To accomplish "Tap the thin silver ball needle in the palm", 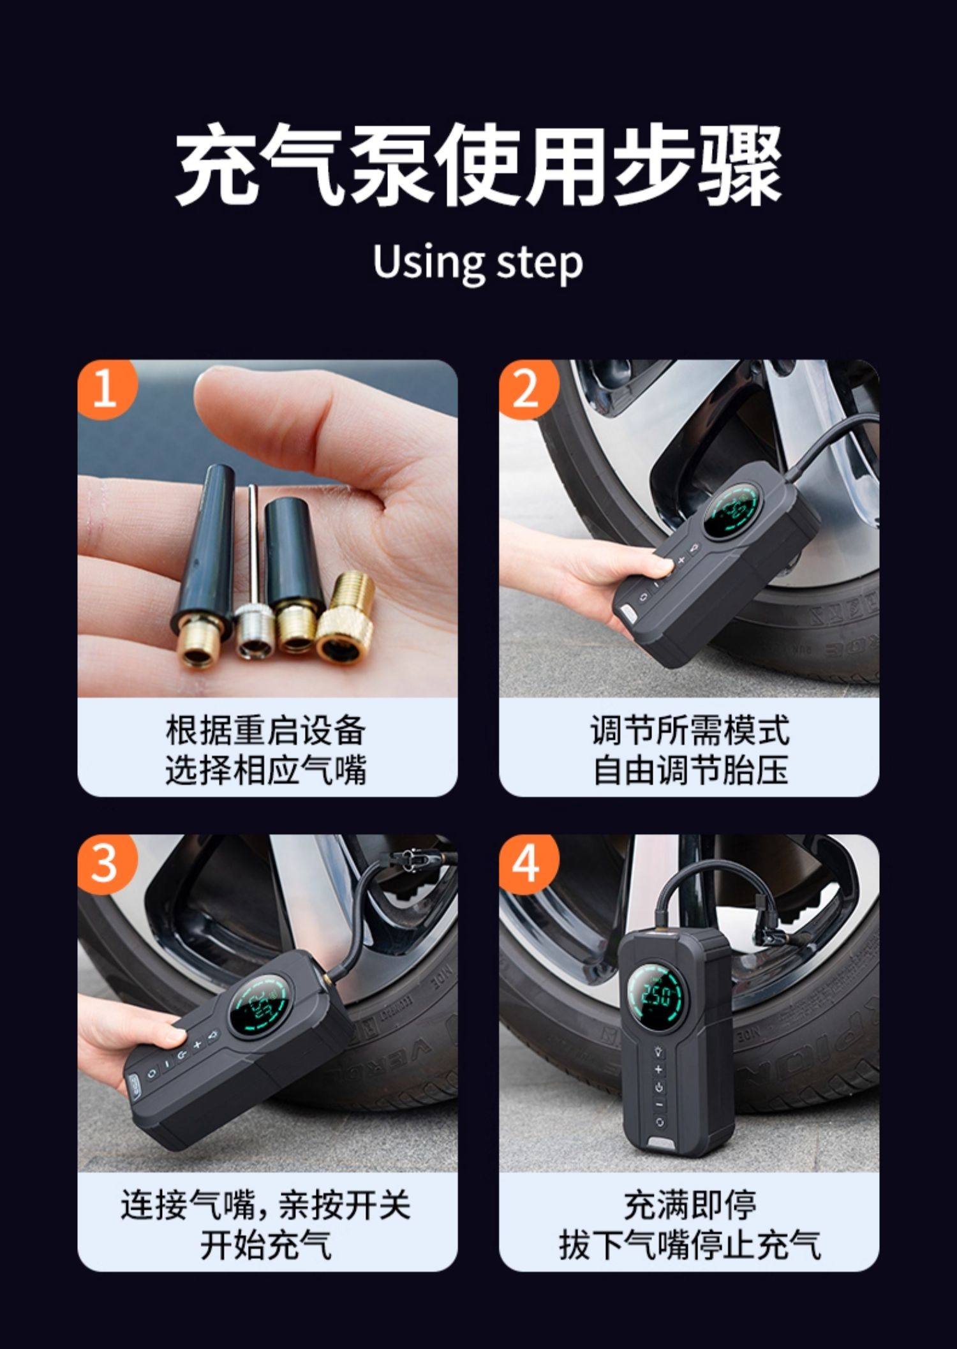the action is click(x=253, y=571).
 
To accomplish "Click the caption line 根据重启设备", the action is click(x=266, y=731).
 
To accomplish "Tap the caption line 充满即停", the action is click(x=691, y=1204).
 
